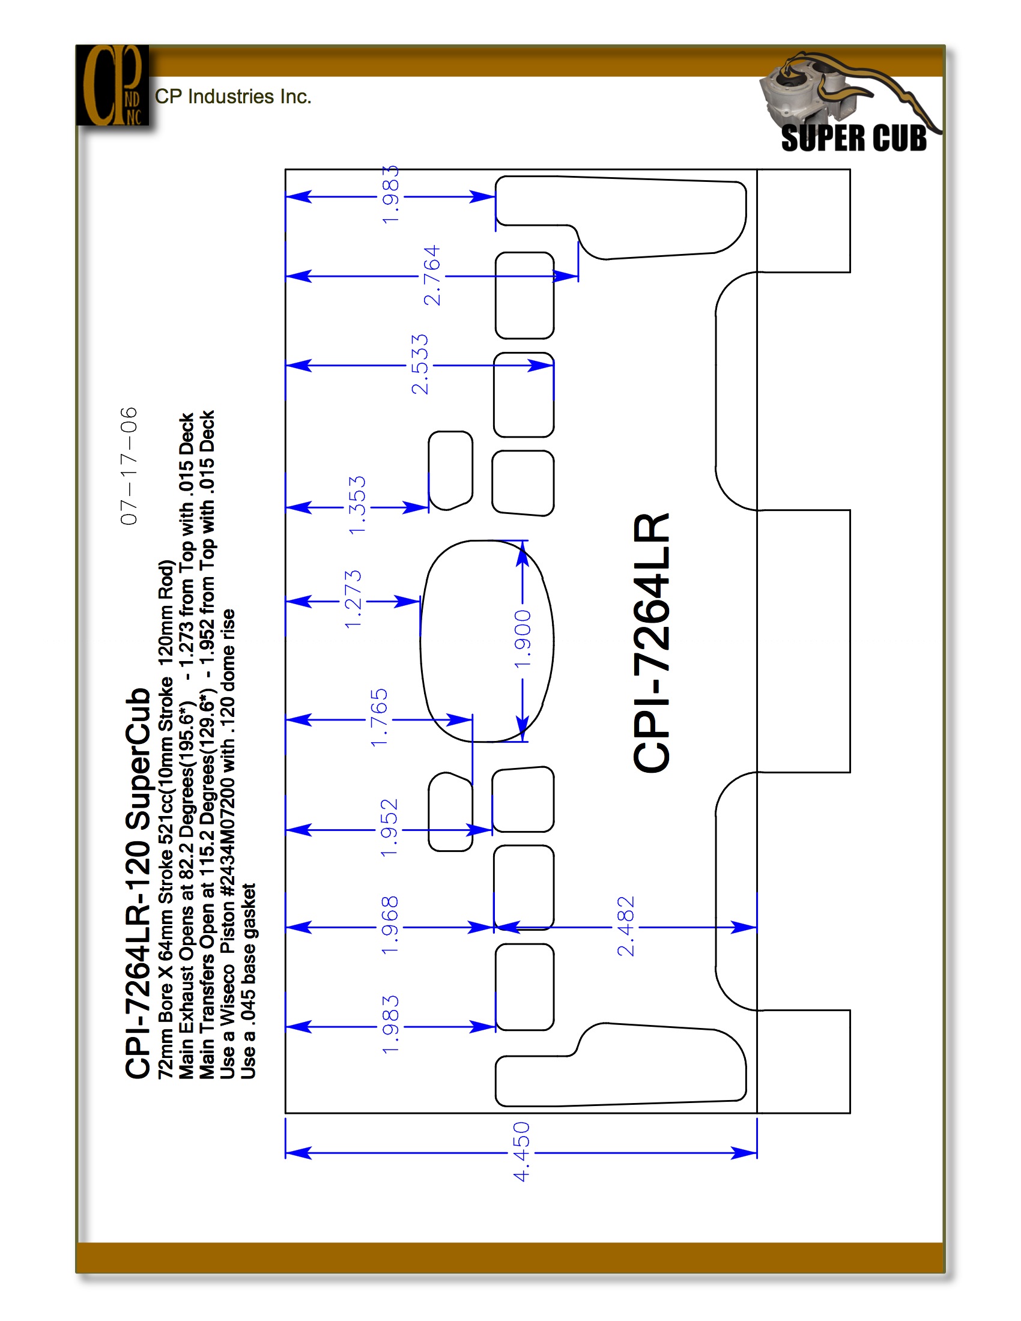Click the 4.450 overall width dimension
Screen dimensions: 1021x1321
521,1152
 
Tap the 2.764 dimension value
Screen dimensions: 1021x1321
432,276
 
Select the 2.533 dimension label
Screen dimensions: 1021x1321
420,364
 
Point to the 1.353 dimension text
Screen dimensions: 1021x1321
357,505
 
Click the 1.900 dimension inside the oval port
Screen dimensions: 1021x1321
523,639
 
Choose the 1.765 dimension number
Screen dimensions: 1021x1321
379,718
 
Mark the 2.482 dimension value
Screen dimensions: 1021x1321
626,926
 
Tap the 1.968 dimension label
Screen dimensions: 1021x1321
390,925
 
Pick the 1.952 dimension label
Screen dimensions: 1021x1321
390,827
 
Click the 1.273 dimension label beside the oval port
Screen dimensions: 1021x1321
353,599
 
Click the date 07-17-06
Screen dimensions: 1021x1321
129,466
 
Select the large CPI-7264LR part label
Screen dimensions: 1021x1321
652,642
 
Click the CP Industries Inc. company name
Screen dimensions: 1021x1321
233,96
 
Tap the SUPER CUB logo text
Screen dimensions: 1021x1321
853,138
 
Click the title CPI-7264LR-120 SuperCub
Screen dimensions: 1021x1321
138,884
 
